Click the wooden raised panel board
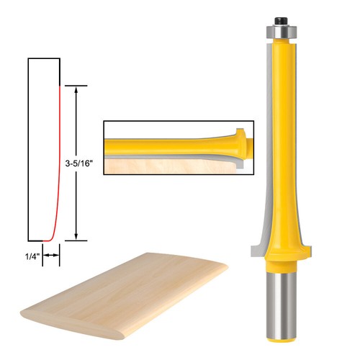(130, 288)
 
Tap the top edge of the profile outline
(42, 58)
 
